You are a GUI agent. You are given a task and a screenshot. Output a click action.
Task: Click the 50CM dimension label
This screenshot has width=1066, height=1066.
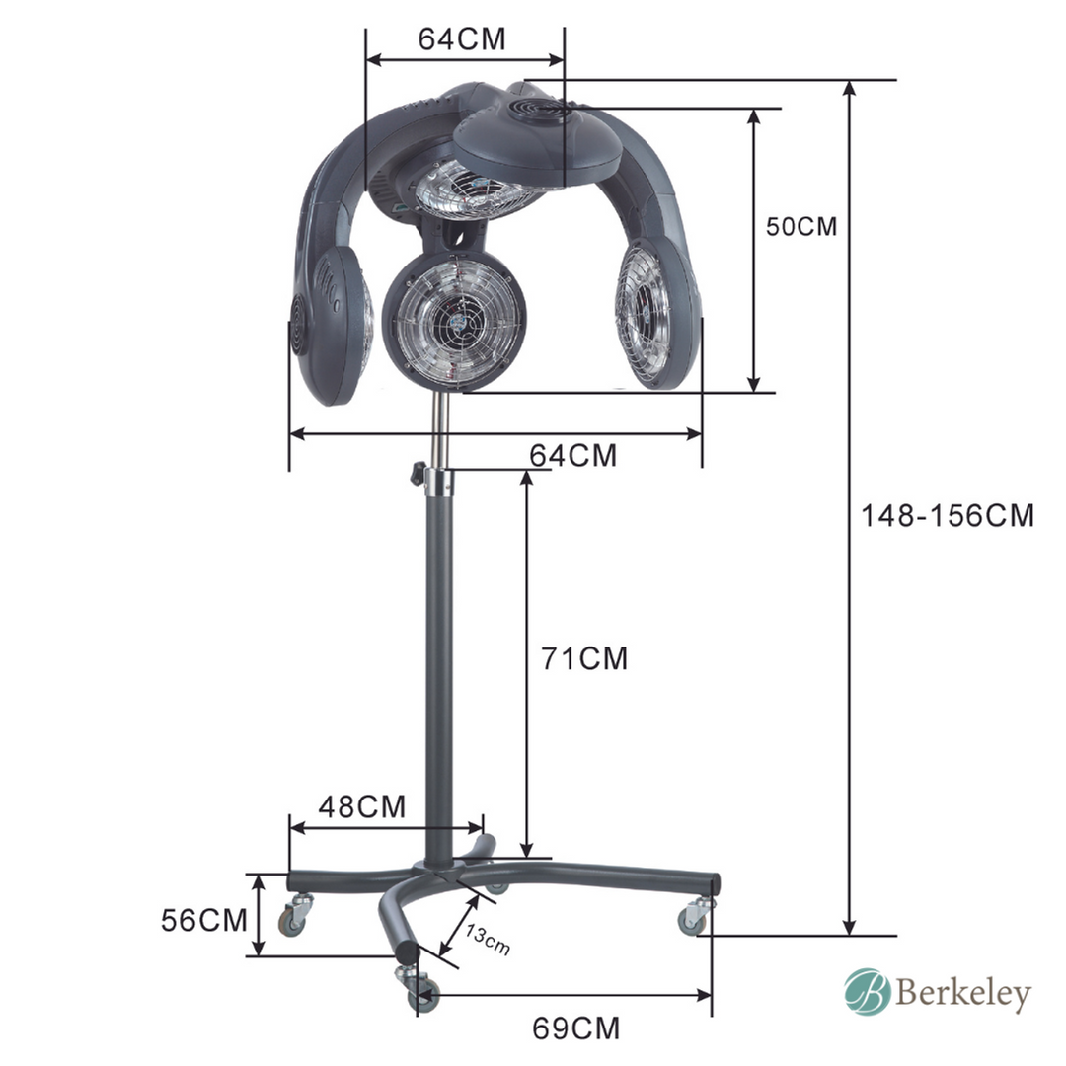coord(800,226)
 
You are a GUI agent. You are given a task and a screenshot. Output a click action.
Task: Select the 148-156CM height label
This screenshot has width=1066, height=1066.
coord(947,516)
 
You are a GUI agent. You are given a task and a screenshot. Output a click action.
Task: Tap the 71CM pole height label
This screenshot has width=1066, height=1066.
coord(584,658)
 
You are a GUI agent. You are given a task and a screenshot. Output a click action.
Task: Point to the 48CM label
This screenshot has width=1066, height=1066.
coord(361,807)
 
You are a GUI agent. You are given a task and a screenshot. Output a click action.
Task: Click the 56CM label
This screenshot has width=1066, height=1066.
coord(204,921)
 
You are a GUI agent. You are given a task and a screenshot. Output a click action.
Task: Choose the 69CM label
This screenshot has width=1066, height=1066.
coord(575,1028)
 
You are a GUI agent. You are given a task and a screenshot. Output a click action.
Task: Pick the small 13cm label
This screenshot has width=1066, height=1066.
coord(487,940)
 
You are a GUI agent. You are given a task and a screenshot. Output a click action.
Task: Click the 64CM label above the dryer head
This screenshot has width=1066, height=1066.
coord(462,38)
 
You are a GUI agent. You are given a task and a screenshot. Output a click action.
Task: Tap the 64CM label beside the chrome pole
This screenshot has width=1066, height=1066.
coord(573,455)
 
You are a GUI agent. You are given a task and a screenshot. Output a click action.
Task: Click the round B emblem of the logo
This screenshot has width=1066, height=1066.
coord(867,992)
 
